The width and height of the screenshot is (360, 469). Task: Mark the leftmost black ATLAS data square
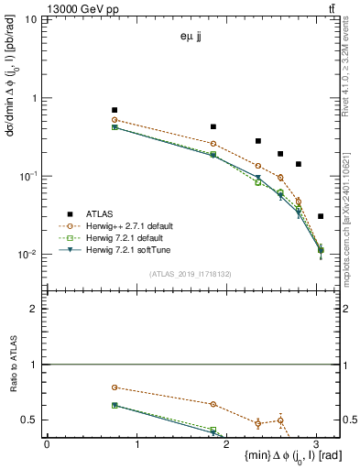pos(115,110)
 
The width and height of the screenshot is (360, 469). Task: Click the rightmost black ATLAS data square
pos(320,216)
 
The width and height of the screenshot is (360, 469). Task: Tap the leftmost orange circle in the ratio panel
pos(115,387)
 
